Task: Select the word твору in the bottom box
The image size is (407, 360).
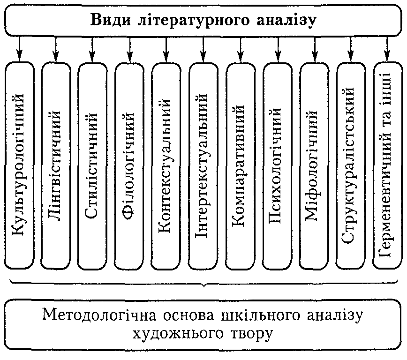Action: click(251, 334)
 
